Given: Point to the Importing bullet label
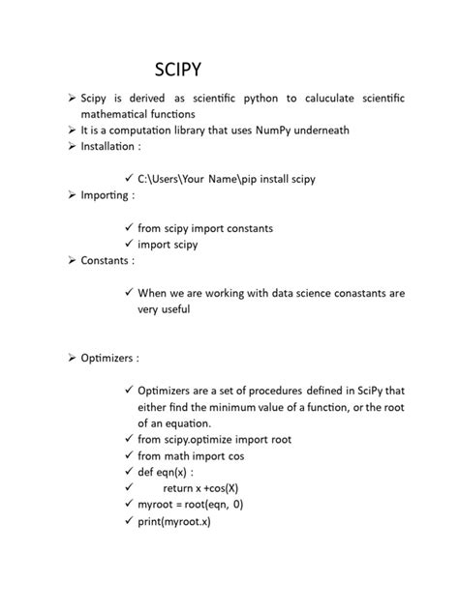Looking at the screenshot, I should tap(107, 195).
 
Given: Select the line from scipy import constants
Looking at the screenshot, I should tap(205, 228).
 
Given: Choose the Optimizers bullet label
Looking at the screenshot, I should tap(109, 358).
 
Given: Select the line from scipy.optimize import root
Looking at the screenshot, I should tap(214, 439).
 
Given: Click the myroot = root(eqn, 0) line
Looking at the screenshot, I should tap(190, 505).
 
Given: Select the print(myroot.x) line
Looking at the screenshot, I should tap(174, 521).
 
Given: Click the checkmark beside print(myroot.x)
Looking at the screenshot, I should tap(128, 521).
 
